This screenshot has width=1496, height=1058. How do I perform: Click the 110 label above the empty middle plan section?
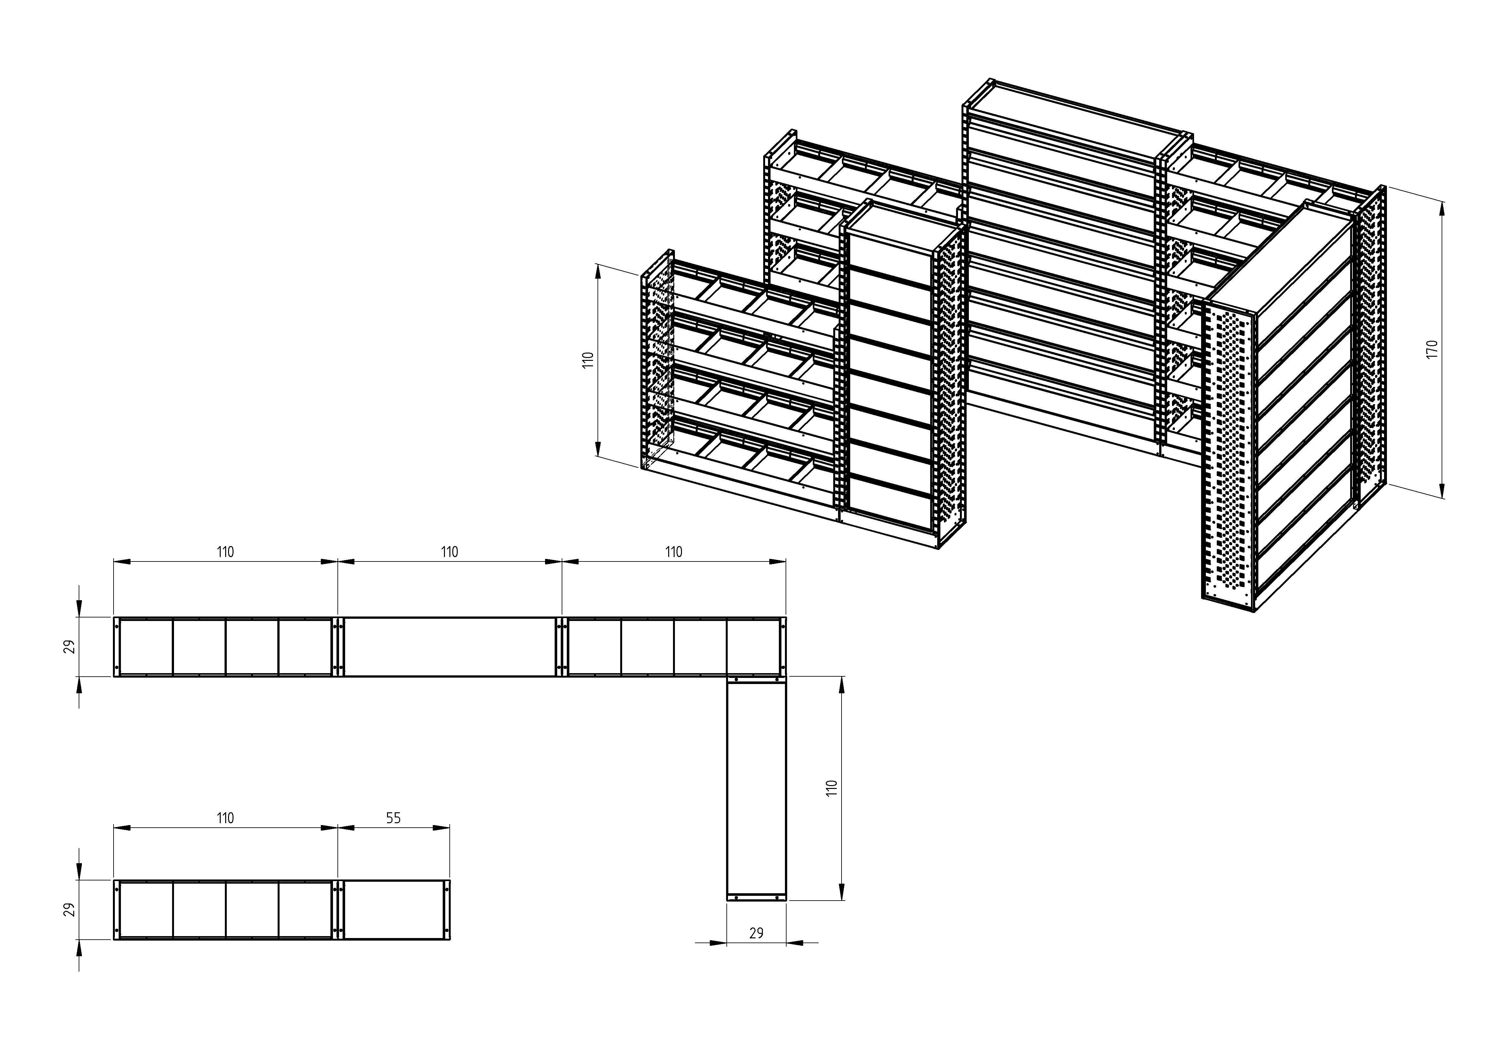coord(450,552)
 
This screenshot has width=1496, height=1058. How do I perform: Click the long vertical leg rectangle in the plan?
coord(756,789)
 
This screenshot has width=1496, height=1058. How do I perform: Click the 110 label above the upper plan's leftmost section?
coord(226,552)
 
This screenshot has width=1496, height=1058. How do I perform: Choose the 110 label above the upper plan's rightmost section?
coord(674,552)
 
